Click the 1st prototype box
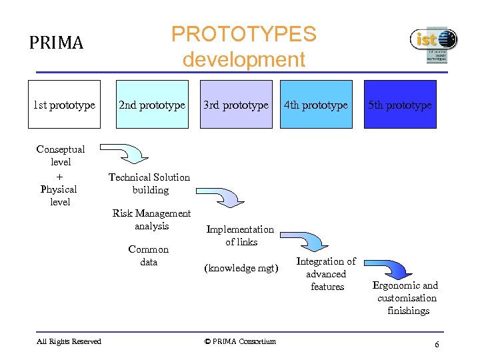pyautogui.click(x=64, y=104)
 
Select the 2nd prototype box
pyautogui.click(x=151, y=104)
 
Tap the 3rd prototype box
pyautogui.click(x=236, y=104)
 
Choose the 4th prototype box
pyautogui.click(x=316, y=104)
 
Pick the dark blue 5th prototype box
pyautogui.click(x=400, y=104)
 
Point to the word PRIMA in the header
pyautogui.click(x=56, y=43)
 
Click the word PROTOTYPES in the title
pyautogui.click(x=243, y=34)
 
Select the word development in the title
pyautogui.click(x=243, y=59)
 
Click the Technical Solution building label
pyautogui.click(x=149, y=183)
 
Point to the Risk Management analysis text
pyautogui.click(x=151, y=219)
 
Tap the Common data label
pyautogui.click(x=149, y=255)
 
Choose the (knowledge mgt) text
pyautogui.click(x=241, y=268)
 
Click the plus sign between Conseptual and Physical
pyautogui.click(x=59, y=176)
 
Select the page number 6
pyautogui.click(x=436, y=345)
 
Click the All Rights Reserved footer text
pyautogui.click(x=69, y=341)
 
